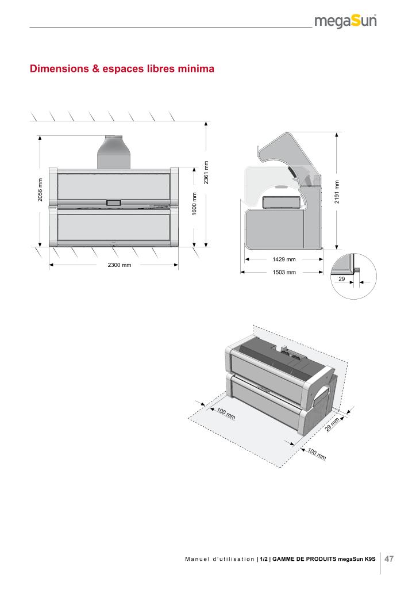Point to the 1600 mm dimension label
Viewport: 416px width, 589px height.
click(194, 204)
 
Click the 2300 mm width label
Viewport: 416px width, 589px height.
click(120, 265)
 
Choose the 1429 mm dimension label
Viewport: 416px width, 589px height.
click(284, 260)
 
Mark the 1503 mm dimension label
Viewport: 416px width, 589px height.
click(284, 272)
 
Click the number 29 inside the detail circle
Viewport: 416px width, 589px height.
click(341, 278)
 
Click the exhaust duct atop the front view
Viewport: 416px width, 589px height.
click(114, 151)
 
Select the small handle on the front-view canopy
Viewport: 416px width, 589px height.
click(113, 202)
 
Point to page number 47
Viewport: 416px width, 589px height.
click(389, 559)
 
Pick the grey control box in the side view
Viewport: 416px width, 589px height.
click(282, 202)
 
